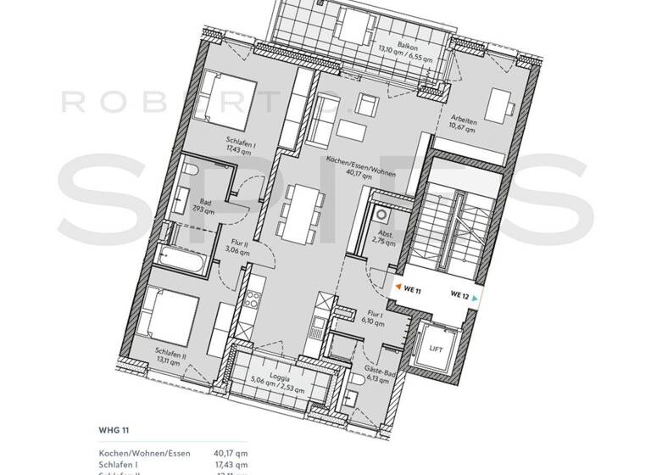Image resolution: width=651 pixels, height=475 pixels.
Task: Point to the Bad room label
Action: [202, 204]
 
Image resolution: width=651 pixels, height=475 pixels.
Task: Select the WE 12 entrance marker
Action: [460, 296]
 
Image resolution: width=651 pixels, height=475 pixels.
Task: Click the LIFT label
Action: [436, 349]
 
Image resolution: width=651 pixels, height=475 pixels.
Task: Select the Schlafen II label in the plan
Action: [170, 354]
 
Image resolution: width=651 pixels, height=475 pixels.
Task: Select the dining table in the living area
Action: [302, 211]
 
